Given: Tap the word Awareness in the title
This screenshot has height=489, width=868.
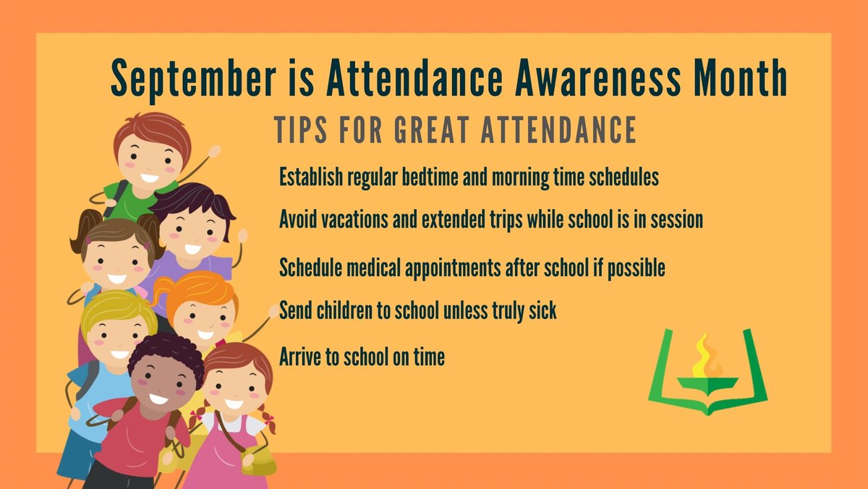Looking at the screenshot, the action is tap(597, 77).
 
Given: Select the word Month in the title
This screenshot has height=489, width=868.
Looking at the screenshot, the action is tap(741, 77).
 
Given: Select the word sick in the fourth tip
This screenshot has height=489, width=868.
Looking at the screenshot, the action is tap(543, 310).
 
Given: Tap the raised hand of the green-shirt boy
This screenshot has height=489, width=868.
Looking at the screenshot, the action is tap(214, 151).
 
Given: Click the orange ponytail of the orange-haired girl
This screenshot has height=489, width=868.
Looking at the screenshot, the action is tap(162, 291).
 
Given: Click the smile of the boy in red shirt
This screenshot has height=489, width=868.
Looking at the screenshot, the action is tap(158, 399).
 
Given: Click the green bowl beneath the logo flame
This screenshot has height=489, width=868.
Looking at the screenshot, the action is tap(707, 385).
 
